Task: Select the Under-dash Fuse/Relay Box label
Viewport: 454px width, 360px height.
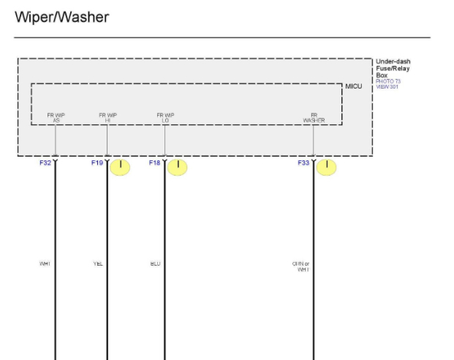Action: tap(393, 68)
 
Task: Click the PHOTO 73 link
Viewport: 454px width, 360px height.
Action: tap(387, 81)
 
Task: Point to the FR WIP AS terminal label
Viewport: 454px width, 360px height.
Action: tap(56, 117)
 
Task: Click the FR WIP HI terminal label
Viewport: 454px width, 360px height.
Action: tap(107, 117)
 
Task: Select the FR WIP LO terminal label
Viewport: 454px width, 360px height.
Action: tap(165, 117)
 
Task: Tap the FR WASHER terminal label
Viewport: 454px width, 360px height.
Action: tap(314, 117)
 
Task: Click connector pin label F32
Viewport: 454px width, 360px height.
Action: tap(45, 163)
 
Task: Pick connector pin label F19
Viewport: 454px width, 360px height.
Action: tap(97, 163)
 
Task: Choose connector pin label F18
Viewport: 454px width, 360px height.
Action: tap(154, 163)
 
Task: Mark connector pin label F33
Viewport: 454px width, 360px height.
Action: tap(303, 163)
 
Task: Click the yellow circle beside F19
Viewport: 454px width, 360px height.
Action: tap(120, 168)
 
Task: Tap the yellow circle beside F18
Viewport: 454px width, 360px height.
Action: tap(178, 168)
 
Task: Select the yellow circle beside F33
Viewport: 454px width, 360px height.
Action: tap(326, 168)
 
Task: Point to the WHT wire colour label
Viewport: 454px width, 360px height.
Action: tap(45, 263)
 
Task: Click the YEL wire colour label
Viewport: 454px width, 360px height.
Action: tap(98, 263)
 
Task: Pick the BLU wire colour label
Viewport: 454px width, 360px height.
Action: tap(155, 263)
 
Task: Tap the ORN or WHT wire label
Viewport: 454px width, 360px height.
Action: tap(301, 266)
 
